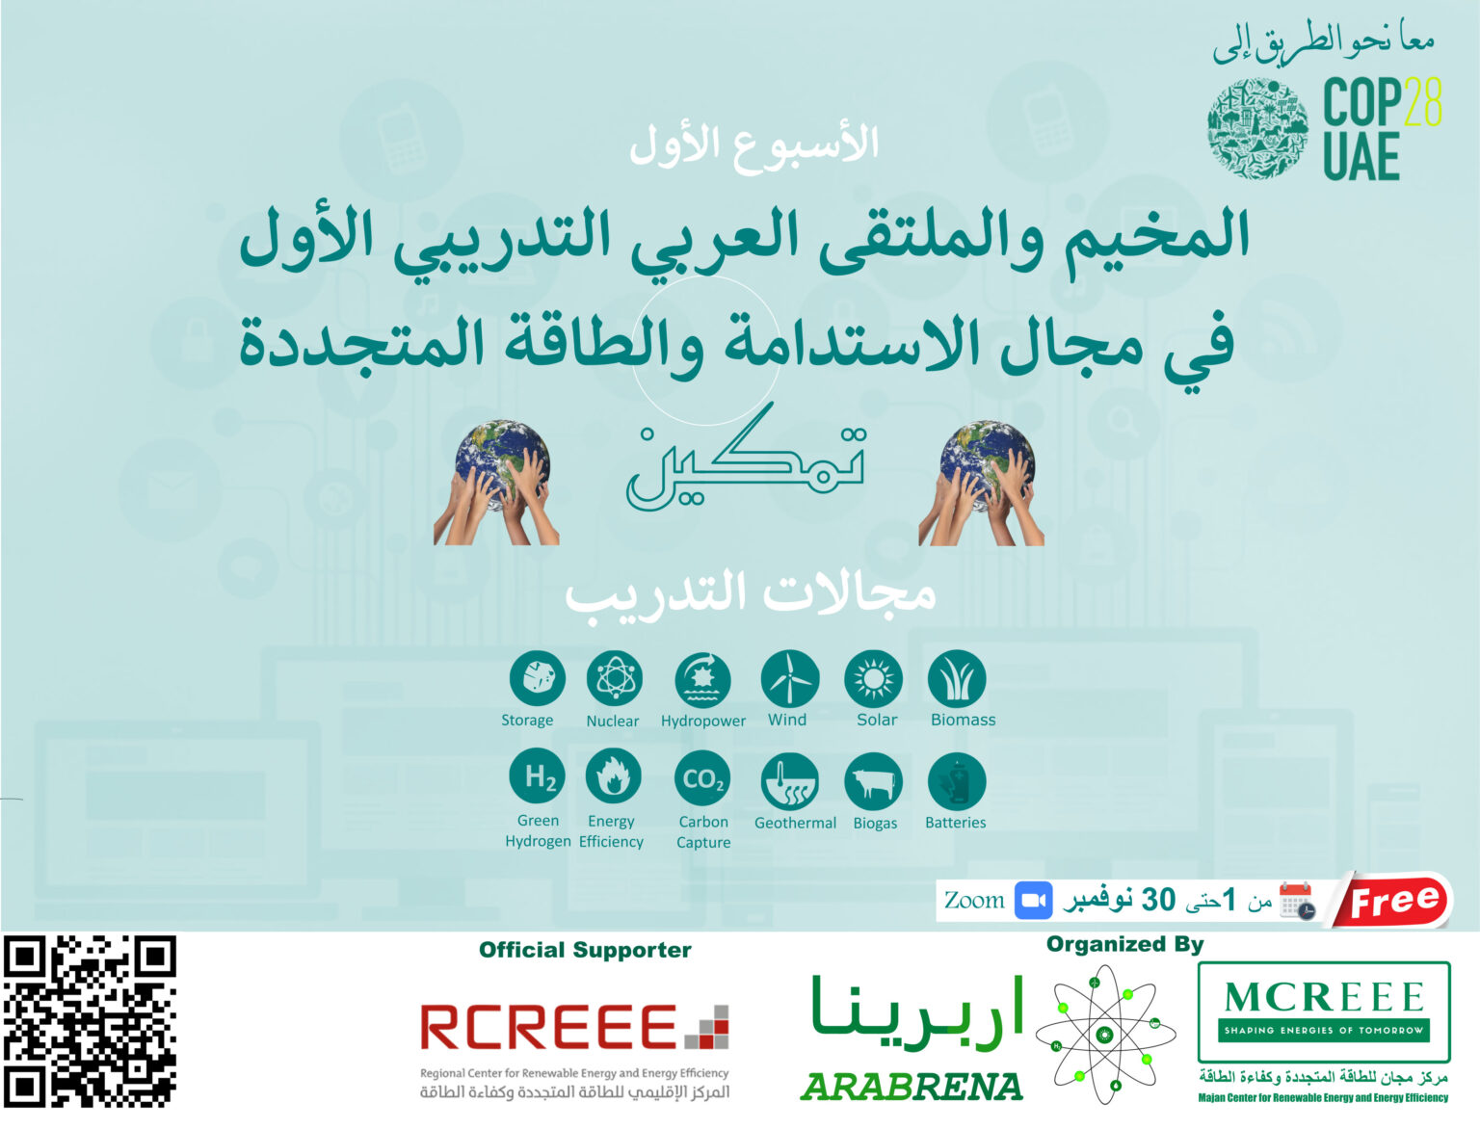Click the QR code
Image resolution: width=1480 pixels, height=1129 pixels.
[90, 1021]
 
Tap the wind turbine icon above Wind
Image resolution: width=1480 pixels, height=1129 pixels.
[790, 678]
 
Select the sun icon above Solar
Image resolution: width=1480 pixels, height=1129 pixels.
[873, 678]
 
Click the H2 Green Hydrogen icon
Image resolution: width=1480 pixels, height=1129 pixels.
[538, 776]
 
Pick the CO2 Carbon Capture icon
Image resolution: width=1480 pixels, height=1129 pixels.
[702, 777]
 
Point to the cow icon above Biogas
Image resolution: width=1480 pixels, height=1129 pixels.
[873, 781]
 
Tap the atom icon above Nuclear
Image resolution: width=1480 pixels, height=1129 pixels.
[614, 678]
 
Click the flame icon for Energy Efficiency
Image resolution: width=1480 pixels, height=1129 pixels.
[614, 776]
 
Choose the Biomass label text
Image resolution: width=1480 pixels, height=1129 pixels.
[963, 720]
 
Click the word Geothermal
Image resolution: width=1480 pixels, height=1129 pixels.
[795, 823]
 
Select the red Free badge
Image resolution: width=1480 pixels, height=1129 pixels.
[1393, 900]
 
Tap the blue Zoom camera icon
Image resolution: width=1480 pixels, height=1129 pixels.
[1034, 900]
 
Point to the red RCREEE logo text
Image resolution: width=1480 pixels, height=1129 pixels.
[548, 1027]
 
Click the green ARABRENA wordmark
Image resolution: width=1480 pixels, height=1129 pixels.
[911, 1087]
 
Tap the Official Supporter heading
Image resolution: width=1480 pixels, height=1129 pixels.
[585, 950]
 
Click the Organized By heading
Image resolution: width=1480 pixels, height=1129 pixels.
[1124, 945]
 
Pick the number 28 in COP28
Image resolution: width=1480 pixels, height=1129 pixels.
[1423, 101]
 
